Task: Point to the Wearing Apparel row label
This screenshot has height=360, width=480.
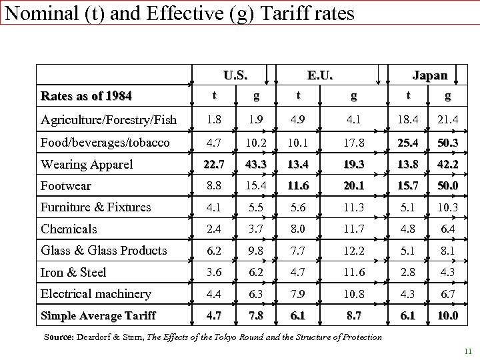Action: click(x=87, y=164)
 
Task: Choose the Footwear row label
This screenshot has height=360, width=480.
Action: click(x=65, y=185)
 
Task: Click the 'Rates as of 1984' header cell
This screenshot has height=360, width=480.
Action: click(x=86, y=96)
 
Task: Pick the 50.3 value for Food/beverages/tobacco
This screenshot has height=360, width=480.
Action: click(x=447, y=143)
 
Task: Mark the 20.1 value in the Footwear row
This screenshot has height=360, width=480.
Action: click(x=354, y=185)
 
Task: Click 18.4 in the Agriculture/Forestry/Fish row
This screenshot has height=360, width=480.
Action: click(x=408, y=120)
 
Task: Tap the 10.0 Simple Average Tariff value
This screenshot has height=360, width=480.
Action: click(x=447, y=315)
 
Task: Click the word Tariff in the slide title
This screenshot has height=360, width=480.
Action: click(x=322, y=13)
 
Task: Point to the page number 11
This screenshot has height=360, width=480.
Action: click(x=467, y=351)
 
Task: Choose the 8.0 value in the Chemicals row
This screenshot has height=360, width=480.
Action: click(x=298, y=229)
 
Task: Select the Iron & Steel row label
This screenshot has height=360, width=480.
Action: click(x=73, y=272)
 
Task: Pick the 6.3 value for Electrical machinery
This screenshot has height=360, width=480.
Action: click(x=256, y=294)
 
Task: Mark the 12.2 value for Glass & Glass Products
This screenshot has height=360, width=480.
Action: click(x=354, y=251)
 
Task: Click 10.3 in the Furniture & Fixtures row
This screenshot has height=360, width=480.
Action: click(x=447, y=207)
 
